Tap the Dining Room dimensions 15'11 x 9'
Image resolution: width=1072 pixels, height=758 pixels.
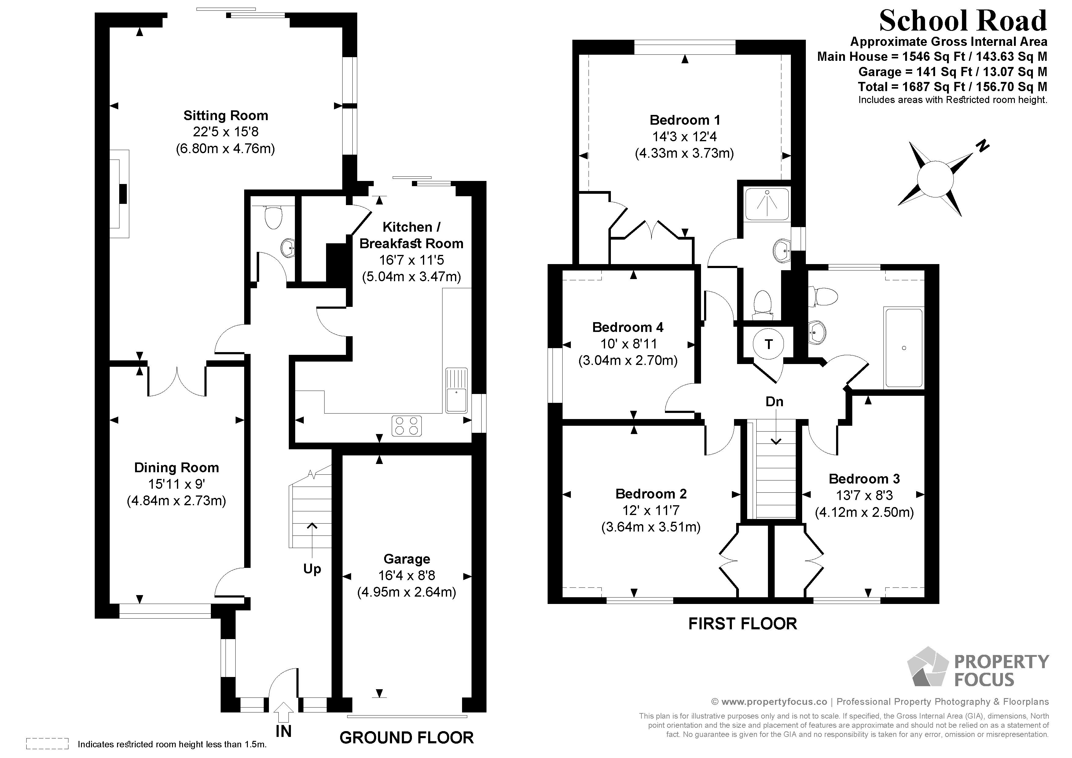177,484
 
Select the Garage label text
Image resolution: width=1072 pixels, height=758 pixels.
407,559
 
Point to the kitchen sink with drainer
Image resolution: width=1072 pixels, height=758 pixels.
456,390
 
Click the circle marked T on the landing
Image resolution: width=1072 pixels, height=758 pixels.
769,344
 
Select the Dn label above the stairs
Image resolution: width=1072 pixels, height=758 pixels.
775,402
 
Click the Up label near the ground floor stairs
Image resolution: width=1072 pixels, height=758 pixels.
312,569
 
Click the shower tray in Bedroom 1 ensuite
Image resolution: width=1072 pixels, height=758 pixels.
767,204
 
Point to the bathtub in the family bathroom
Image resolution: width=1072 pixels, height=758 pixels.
903,348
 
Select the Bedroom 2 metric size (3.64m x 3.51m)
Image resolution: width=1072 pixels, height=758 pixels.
651,527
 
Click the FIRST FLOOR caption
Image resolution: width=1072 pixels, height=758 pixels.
742,624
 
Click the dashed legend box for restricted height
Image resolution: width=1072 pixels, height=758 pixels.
47,744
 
